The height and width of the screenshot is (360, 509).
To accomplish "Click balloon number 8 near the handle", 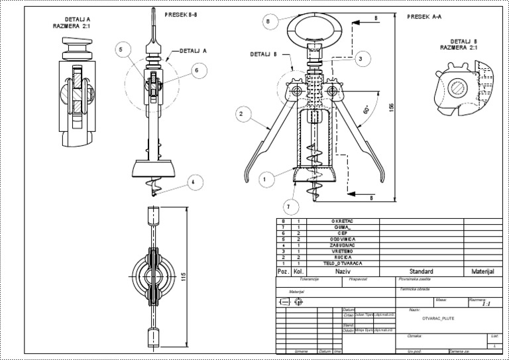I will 267,21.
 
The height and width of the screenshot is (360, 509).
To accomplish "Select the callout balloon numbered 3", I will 359,59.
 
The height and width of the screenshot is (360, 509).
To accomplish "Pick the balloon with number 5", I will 121,48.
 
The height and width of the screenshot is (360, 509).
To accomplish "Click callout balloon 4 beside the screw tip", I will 196,70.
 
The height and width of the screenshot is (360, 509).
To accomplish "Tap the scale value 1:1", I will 486,305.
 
